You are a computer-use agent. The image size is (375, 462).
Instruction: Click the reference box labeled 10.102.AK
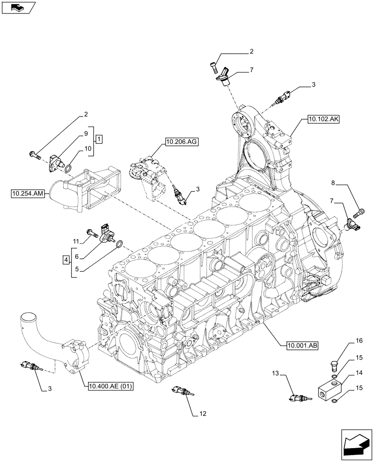point(322,119)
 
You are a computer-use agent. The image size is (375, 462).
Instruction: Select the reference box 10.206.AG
point(180,143)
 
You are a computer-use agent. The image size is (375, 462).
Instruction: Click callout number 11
point(77,241)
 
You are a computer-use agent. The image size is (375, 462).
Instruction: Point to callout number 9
point(86,134)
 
